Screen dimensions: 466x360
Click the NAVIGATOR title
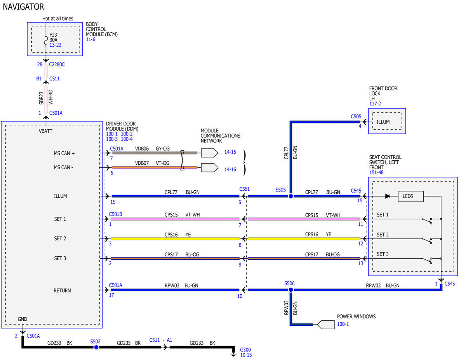[x=23, y=7]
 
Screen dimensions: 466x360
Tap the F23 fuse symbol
[x=46, y=41]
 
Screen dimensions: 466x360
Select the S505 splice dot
[x=290, y=196]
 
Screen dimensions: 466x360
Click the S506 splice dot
[x=290, y=290]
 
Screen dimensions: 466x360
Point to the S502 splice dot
[x=96, y=347]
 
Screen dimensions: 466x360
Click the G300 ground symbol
[x=233, y=354]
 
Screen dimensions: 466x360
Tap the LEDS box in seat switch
[x=411, y=196]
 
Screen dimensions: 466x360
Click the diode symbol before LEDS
[x=388, y=196]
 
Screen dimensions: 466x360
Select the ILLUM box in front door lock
[x=387, y=121]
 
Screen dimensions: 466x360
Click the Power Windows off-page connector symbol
[x=325, y=325]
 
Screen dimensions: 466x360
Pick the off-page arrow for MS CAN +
[x=210, y=153]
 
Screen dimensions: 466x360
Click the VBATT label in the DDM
[x=45, y=131]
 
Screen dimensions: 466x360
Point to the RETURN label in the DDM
[x=62, y=290]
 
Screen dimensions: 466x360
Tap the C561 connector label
[x=245, y=189]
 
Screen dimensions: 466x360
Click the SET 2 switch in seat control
[x=427, y=240]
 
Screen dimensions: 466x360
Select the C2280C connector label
[x=57, y=64]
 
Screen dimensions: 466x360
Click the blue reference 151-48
[x=376, y=172]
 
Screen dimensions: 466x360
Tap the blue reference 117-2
[x=375, y=104]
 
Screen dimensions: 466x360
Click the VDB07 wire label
[x=142, y=163]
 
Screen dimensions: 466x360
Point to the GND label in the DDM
[x=22, y=319]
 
